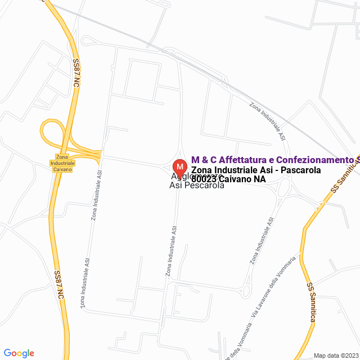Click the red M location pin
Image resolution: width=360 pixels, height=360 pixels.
point(179,168)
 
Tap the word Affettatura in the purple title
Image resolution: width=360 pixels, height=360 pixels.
point(244,160)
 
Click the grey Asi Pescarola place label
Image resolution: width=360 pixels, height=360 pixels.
point(197,185)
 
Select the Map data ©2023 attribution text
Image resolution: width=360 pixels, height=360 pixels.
point(335,355)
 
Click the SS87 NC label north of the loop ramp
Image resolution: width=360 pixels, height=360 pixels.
point(75,73)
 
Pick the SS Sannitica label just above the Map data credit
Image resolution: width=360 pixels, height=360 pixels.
point(310,302)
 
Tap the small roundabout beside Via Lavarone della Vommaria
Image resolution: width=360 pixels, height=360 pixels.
point(245,290)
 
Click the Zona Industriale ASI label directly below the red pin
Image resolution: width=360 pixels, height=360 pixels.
point(172,251)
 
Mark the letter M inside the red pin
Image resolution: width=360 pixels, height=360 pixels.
point(179,166)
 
